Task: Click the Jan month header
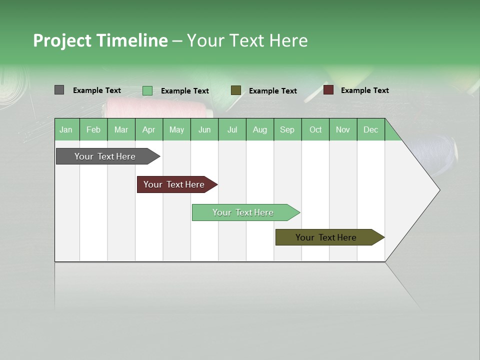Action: point(66,129)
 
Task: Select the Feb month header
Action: point(93,129)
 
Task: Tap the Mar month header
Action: point(121,129)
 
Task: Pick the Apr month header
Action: point(148,129)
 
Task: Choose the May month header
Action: point(176,129)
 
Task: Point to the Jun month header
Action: point(204,129)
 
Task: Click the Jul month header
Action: point(232,129)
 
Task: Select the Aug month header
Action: point(260,129)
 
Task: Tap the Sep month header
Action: point(287,129)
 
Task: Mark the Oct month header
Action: point(315,129)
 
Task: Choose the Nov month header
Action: point(343,129)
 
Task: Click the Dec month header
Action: point(370,129)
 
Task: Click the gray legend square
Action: point(59,90)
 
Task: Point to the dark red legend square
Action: point(328,90)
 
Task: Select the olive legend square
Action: point(236,90)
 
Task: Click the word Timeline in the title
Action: point(132,40)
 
